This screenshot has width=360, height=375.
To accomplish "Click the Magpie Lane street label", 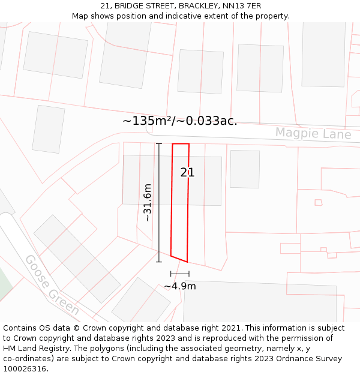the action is pyautogui.click(x=313, y=133).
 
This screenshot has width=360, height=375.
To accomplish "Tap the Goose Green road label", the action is pyautogui.click(x=52, y=285).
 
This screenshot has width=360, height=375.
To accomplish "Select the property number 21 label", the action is pyautogui.click(x=187, y=173).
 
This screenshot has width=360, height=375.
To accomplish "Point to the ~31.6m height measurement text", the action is pyautogui.click(x=148, y=203).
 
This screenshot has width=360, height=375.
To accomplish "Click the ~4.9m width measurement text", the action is pyautogui.click(x=180, y=286).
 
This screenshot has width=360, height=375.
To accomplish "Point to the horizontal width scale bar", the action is pyautogui.click(x=179, y=274).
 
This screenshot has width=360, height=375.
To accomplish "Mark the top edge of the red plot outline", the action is pyautogui.click(x=181, y=144).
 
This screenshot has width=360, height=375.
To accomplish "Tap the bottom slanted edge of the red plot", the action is pyautogui.click(x=179, y=259).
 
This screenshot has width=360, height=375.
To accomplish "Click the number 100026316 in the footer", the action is pyautogui.click(x=25, y=369).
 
